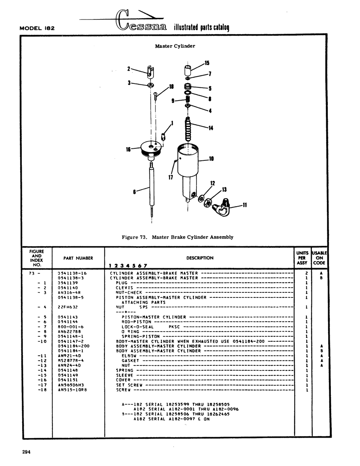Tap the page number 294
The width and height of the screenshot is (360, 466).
26,452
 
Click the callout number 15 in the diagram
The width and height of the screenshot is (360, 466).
207,63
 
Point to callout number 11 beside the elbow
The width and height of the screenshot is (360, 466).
245,205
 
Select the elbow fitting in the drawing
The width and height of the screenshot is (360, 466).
221,207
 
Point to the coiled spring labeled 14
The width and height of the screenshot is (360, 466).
188,129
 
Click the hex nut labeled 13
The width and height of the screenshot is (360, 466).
208,202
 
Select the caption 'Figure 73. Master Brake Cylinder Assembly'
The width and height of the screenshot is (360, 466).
177,237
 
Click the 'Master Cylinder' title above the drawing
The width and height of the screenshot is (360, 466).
175,46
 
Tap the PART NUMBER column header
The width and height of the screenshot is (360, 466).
78,258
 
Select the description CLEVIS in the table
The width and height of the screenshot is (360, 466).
124,288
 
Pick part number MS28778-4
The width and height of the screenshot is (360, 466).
71,361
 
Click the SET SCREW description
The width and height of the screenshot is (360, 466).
129,385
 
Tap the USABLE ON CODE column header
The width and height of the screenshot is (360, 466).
319,258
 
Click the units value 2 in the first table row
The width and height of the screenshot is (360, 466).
307,273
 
